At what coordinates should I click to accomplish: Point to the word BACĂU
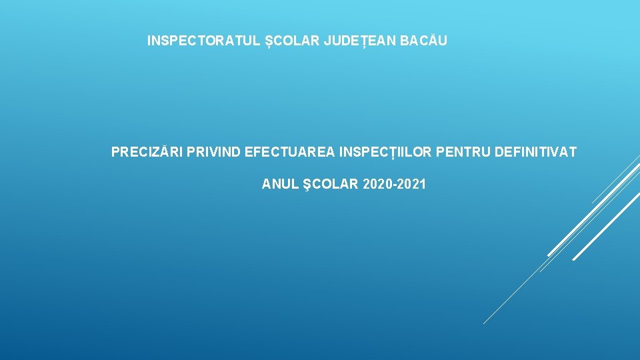click(x=423, y=40)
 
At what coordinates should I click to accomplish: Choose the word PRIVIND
click(x=213, y=152)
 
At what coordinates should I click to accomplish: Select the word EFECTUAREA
click(x=289, y=152)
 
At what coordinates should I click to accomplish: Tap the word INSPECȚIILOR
click(x=385, y=153)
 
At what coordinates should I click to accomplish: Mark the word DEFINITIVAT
click(x=535, y=152)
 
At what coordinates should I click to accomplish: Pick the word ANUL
click(x=280, y=184)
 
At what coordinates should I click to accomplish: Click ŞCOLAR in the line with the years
click(x=331, y=185)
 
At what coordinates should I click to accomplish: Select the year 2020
click(x=376, y=184)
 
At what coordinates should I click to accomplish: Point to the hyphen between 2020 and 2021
click(x=393, y=185)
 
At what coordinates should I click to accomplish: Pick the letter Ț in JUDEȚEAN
click(x=365, y=41)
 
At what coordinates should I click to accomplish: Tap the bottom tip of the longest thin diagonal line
click(x=484, y=324)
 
